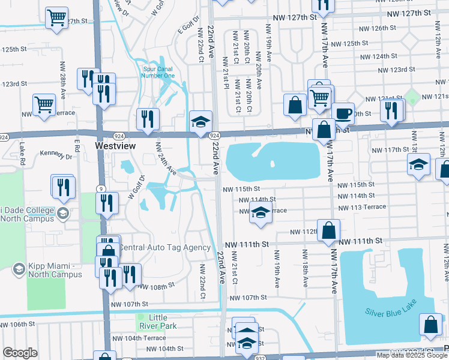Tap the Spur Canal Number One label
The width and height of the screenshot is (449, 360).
tap(157, 71)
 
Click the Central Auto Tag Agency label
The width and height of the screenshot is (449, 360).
tap(164, 247)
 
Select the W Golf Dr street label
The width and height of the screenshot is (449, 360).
tap(136, 187)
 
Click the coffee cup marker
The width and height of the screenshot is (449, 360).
tap(343, 113)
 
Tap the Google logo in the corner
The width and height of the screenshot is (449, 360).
tap(20, 353)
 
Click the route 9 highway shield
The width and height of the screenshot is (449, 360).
tap(101, 189)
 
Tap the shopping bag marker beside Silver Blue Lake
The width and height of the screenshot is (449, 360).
tap(431, 325)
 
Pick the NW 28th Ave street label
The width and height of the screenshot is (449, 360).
tap(62, 80)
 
